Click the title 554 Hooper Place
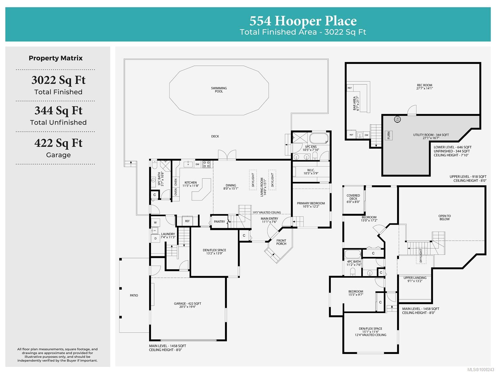[303, 21]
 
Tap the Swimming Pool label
[219, 90]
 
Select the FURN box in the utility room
[388, 135]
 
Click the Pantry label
[219, 222]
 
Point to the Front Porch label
[281, 242]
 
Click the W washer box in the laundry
[156, 222]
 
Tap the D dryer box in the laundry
[156, 238]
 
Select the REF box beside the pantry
[187, 221]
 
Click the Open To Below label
[444, 217]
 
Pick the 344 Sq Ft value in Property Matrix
[58, 110]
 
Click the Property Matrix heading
[55, 58]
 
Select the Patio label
[134, 295]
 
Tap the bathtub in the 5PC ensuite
[318, 138]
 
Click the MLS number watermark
[480, 370]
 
